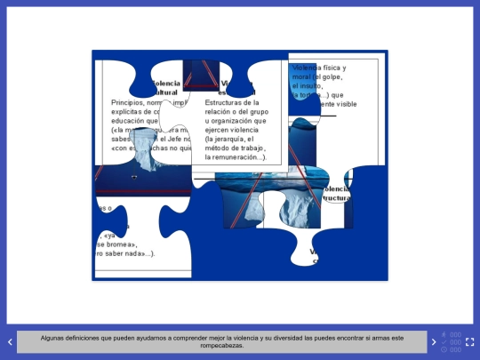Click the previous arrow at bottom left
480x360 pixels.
point(10,341)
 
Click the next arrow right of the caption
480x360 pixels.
point(434,341)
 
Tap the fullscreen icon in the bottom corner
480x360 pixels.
point(469,341)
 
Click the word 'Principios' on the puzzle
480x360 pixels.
point(127,102)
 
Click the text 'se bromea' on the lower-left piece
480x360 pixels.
point(116,244)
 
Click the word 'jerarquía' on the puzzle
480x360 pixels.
point(229,139)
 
